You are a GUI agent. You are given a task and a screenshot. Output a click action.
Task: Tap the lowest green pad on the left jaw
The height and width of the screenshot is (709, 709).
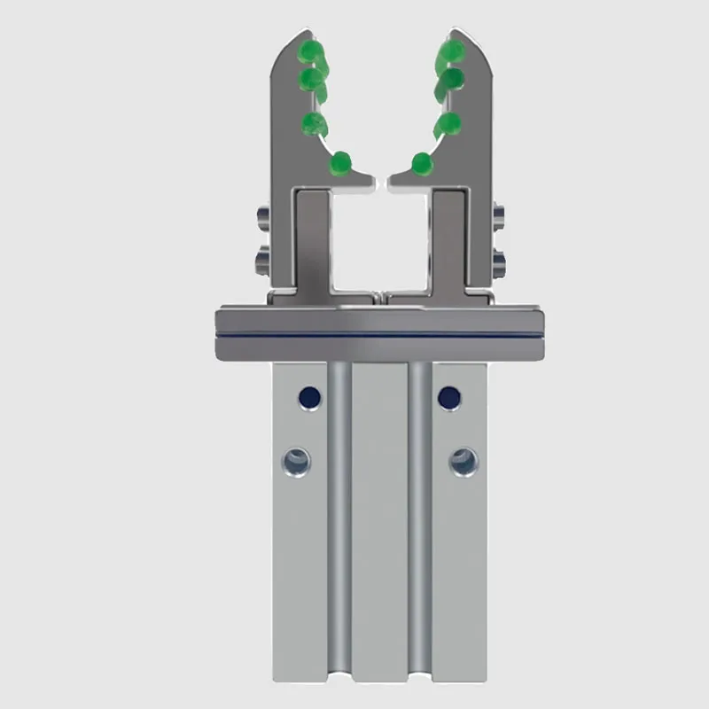click(x=339, y=163)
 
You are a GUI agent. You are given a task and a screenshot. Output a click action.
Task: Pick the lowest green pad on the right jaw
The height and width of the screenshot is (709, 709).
click(x=422, y=163)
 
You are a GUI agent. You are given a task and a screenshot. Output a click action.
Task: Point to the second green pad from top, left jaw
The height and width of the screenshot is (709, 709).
click(x=311, y=80)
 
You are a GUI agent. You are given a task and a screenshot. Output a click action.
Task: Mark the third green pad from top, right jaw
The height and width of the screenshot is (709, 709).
click(x=448, y=124)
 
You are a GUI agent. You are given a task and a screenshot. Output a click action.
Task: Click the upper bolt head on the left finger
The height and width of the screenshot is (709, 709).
click(x=262, y=215)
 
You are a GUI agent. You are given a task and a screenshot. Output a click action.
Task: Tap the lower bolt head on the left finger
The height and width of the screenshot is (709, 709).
click(x=262, y=260)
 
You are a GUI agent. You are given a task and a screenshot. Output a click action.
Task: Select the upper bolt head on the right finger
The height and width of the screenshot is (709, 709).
click(x=498, y=215)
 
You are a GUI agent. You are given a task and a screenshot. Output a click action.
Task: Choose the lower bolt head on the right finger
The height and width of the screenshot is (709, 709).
click(x=498, y=260)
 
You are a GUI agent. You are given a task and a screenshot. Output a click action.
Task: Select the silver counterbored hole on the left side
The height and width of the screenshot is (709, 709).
click(x=296, y=461)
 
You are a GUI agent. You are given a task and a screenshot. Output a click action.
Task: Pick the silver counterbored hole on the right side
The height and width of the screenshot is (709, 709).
click(x=463, y=461)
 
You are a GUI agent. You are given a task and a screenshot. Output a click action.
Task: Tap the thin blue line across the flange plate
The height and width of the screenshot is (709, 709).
click(x=380, y=334)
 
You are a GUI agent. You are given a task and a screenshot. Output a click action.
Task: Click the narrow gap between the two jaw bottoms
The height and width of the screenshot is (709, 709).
click(x=381, y=182)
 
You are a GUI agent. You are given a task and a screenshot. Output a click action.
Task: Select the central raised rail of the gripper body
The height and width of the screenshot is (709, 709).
click(x=380, y=532)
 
